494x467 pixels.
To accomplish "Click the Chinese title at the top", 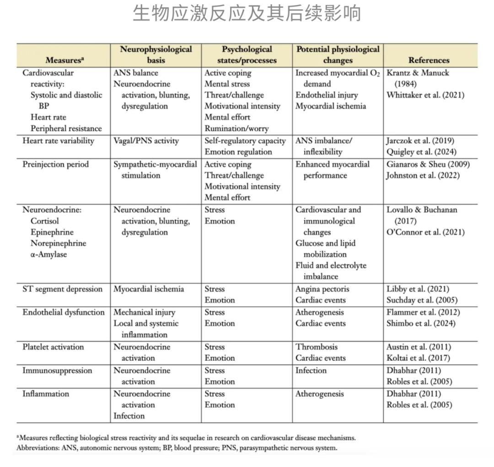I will click(247, 14).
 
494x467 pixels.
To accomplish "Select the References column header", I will click(429, 60).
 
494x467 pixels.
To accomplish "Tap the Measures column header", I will click(64, 60).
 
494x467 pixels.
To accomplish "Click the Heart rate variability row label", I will click(58, 141).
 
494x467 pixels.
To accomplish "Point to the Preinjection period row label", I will click(55, 164).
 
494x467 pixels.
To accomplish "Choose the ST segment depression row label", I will click(63, 289).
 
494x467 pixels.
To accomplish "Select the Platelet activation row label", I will click(53, 347).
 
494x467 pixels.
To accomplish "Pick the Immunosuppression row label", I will click(57, 370).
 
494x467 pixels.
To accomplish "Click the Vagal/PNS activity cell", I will click(146, 141).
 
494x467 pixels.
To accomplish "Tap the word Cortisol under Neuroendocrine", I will click(45, 221).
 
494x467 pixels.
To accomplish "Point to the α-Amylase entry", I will click(48, 254).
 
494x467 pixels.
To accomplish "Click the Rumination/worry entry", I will click(236, 129).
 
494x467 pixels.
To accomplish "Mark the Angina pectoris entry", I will click(322, 289).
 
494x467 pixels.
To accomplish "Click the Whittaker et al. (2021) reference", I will click(425, 95).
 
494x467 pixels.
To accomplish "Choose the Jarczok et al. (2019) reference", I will click(420, 141).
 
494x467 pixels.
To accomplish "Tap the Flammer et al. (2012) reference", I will click(423, 312).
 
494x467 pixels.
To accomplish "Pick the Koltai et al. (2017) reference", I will click(418, 358).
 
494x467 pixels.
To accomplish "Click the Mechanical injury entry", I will click(144, 312).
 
